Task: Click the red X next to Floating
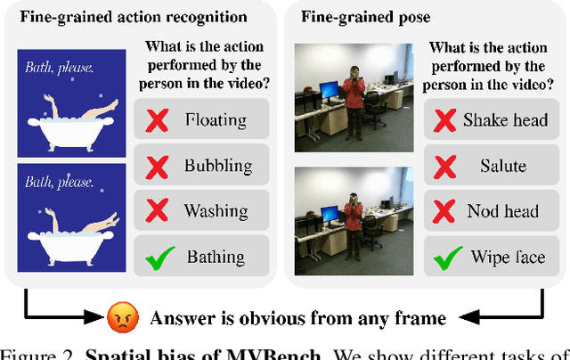pyautogui.click(x=157, y=119)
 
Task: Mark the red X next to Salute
pyautogui.click(x=443, y=166)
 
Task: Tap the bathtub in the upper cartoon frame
pyautogui.click(x=67, y=132)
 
